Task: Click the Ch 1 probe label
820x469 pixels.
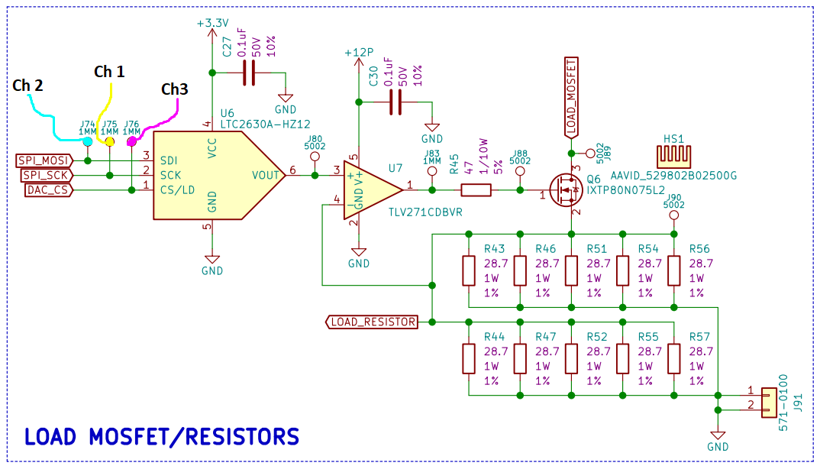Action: coord(109,72)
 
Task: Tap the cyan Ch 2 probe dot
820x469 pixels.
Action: coord(89,142)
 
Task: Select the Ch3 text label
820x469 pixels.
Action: coord(174,89)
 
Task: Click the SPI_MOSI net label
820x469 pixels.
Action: coord(44,160)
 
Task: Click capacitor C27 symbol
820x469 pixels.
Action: coord(247,73)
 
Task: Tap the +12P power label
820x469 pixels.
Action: coord(359,53)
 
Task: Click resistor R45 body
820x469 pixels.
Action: coord(476,190)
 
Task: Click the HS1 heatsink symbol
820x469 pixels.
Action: coord(673,154)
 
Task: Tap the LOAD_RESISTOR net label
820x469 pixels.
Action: coord(373,322)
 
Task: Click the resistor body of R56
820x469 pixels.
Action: coord(673,270)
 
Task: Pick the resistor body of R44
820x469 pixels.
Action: coord(469,358)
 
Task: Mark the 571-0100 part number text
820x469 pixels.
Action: coord(783,402)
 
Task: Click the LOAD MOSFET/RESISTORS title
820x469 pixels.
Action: coord(161,437)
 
